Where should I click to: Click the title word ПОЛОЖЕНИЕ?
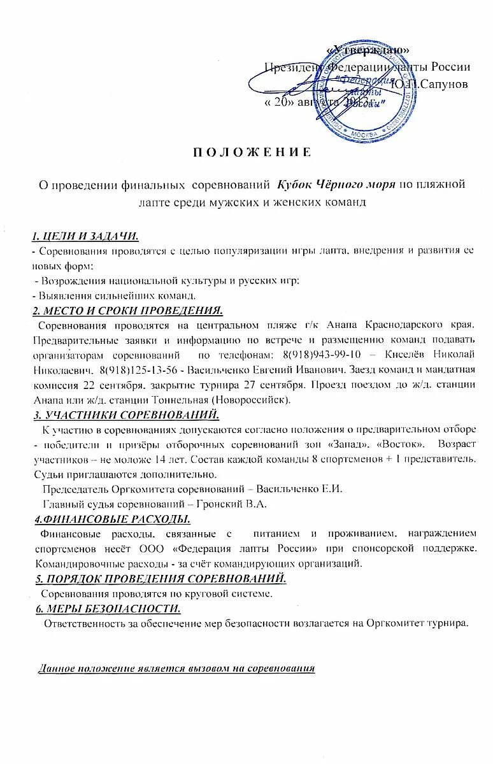coord(252,152)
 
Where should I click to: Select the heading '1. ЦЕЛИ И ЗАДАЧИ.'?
coord(85,237)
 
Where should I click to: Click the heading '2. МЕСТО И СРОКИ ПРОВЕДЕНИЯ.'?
coord(127,311)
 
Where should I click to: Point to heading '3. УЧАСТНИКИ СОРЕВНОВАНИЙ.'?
coord(125,416)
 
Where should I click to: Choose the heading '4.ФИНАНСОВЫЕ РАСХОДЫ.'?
coord(112,518)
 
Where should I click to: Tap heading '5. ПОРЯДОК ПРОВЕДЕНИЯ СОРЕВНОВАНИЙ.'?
coord(160,579)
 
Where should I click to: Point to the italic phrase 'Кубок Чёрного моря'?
coord(336,185)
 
